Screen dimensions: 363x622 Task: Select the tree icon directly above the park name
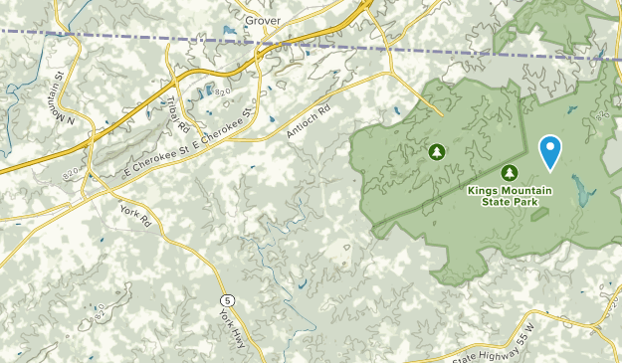pos(511,171)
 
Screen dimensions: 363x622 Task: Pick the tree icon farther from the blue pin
pos(435,152)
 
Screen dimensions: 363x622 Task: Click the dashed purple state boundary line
pos(149,38)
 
